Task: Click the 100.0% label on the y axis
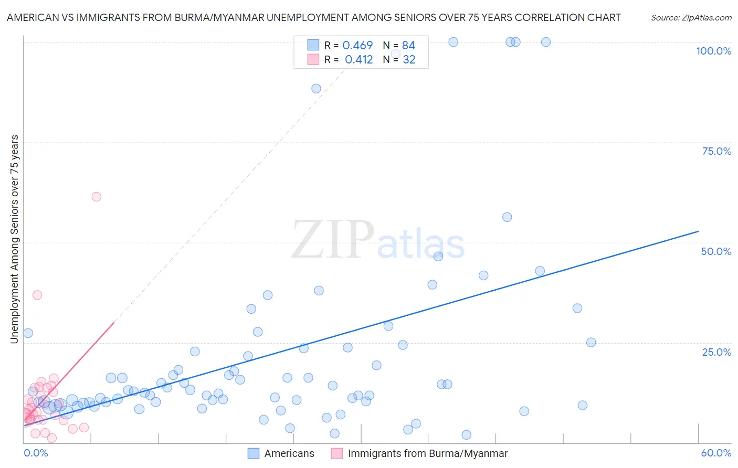point(713,51)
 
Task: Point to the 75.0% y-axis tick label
point(716,151)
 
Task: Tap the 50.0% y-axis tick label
point(716,251)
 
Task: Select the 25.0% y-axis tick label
point(716,352)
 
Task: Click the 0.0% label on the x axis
point(36,453)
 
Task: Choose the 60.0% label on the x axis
point(716,453)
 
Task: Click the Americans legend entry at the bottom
point(289,453)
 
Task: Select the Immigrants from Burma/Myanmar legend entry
point(427,453)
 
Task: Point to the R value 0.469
point(357,46)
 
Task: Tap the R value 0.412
point(359,60)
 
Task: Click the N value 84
point(408,46)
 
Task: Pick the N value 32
point(409,60)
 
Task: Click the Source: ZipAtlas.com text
point(691,17)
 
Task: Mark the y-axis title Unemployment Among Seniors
point(14,239)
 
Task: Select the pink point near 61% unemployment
point(96,197)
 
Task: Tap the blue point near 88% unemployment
point(316,89)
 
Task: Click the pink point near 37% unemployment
point(37,295)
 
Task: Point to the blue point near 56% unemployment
point(507,217)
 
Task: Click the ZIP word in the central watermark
point(333,240)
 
